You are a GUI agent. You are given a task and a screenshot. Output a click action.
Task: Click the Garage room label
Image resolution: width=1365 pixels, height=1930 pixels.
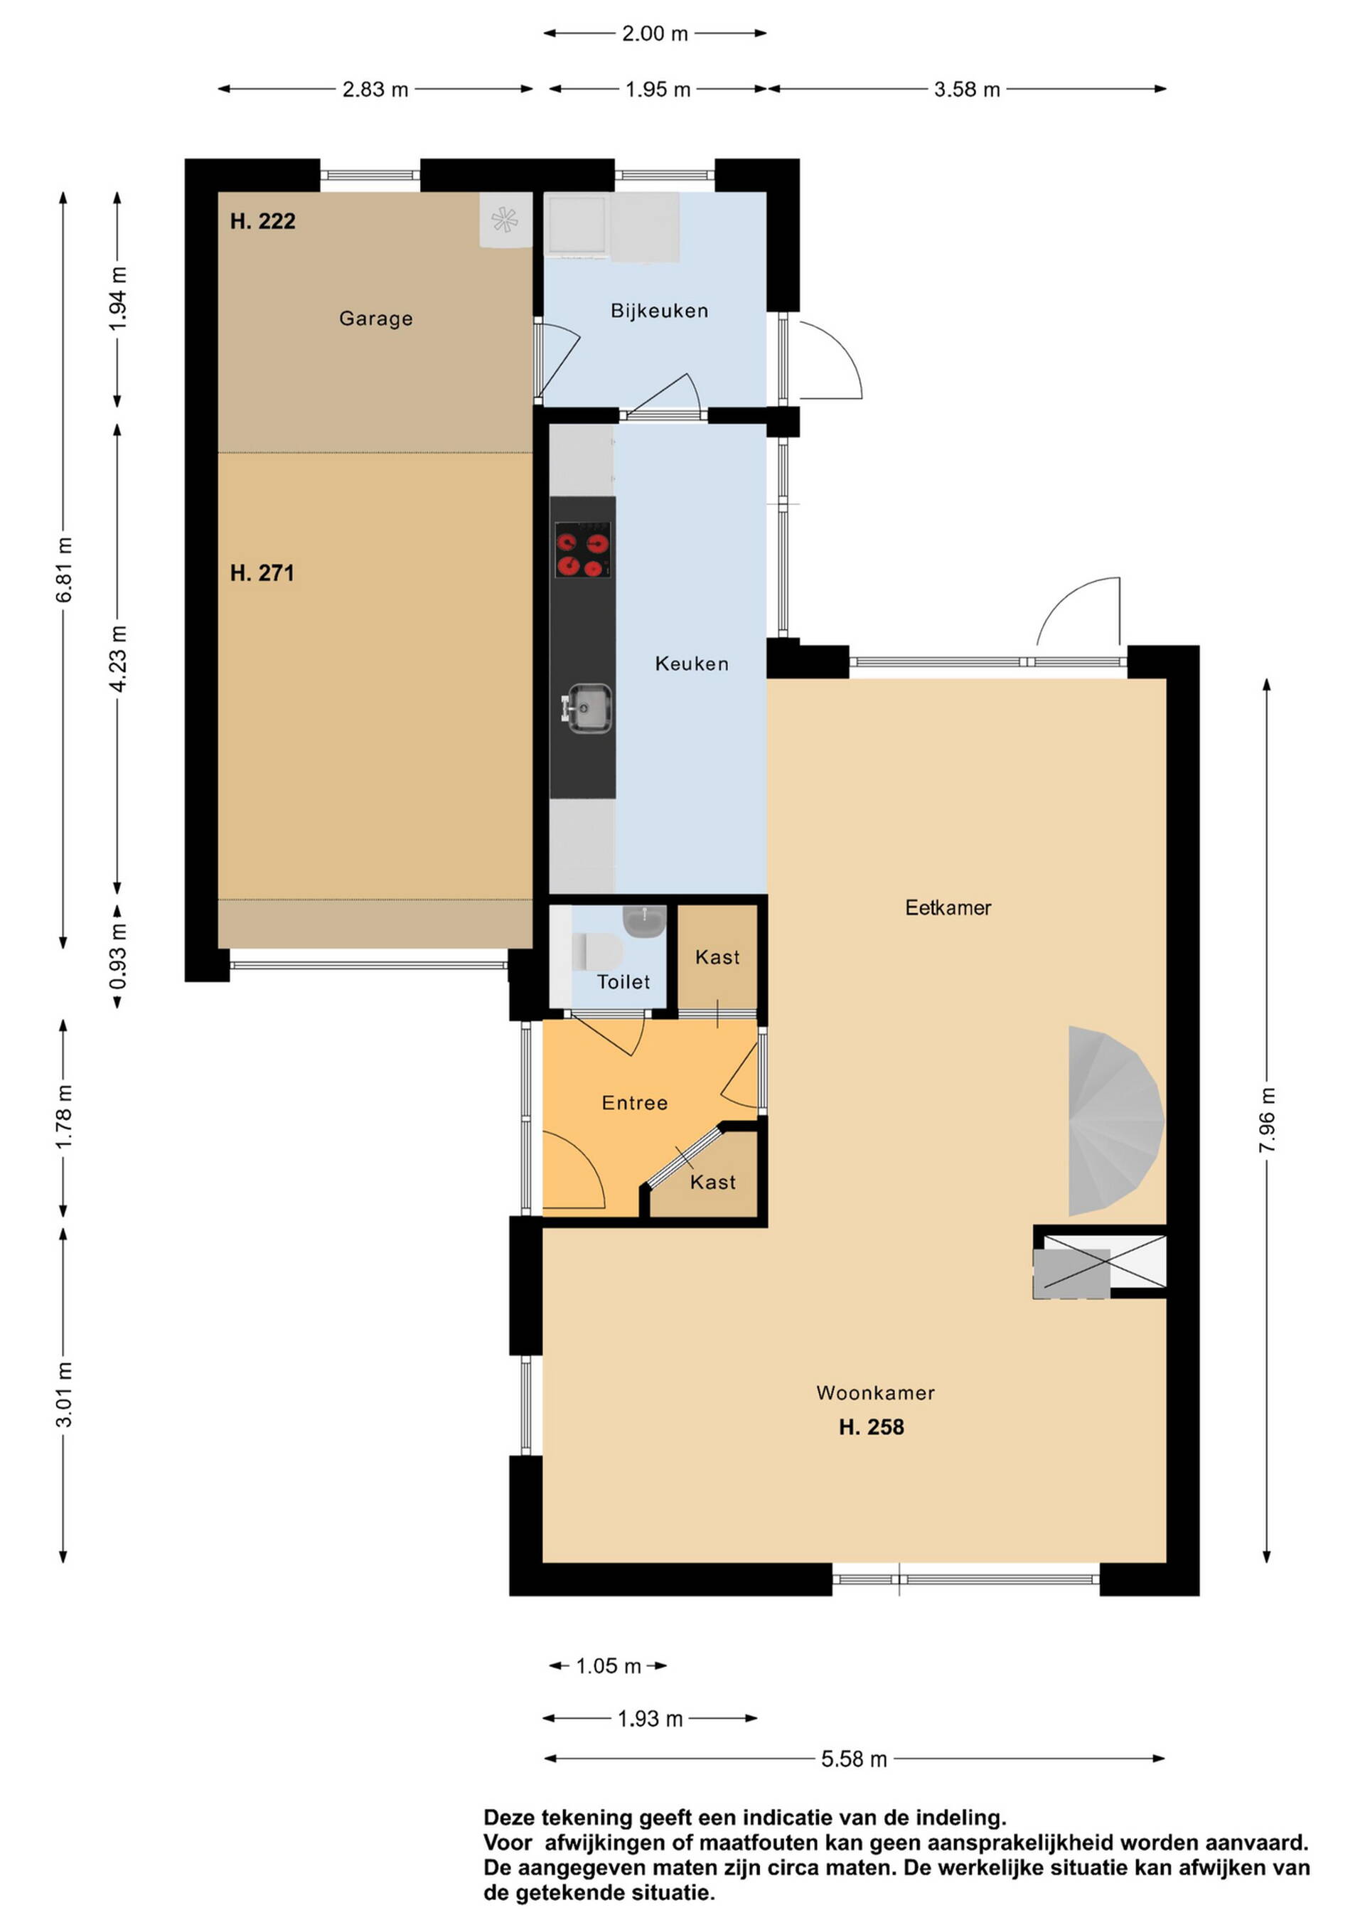pos(375,319)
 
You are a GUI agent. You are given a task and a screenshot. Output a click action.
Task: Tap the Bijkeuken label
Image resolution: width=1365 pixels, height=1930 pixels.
pos(659,311)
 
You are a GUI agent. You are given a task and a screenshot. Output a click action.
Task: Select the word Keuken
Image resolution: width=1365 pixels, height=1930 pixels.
pos(691,664)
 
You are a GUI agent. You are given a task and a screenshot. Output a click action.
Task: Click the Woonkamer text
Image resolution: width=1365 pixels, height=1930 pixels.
pos(875,1393)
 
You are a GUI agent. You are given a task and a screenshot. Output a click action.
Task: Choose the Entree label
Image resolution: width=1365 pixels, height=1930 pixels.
pos(635,1103)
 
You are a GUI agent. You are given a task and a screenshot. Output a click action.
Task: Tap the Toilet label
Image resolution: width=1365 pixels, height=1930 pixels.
pos(623,982)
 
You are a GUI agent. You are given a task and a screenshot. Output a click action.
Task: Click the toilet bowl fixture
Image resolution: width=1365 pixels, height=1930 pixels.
pos(598,951)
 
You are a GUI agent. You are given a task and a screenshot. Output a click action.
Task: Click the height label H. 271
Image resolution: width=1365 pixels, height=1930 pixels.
pos(262,573)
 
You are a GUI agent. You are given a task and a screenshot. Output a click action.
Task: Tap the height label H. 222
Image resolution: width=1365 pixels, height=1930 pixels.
pos(262,221)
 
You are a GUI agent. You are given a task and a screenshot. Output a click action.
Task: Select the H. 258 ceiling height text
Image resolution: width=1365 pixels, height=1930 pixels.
pos(871,1427)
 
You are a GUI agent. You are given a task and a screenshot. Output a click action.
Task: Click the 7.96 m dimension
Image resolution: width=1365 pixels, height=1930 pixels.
pos(1268,1121)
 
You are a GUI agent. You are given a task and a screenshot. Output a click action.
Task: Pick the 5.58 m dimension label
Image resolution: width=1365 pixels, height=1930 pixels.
pos(854,1759)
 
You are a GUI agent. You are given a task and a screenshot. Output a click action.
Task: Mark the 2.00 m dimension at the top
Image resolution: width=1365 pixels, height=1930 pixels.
pos(655,33)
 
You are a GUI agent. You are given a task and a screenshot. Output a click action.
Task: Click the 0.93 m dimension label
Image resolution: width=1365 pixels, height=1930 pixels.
pos(118,956)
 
